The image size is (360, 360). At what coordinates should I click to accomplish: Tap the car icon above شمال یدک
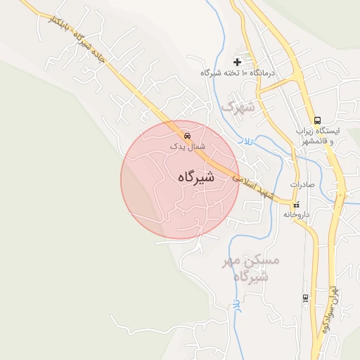(x=187, y=135)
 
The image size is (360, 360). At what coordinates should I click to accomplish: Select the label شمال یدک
(x=187, y=146)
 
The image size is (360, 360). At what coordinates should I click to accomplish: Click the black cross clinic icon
(x=237, y=62)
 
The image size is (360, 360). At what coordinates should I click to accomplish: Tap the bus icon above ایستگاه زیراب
(x=317, y=120)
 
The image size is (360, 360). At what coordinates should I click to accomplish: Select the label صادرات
(x=299, y=184)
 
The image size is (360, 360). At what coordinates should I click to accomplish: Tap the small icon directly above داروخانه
(x=296, y=205)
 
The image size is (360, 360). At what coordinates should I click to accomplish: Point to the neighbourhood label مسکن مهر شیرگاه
(x=251, y=268)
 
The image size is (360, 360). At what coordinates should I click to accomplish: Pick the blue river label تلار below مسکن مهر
(x=237, y=303)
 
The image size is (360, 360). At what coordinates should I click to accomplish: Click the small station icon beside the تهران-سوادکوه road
(x=304, y=297)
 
